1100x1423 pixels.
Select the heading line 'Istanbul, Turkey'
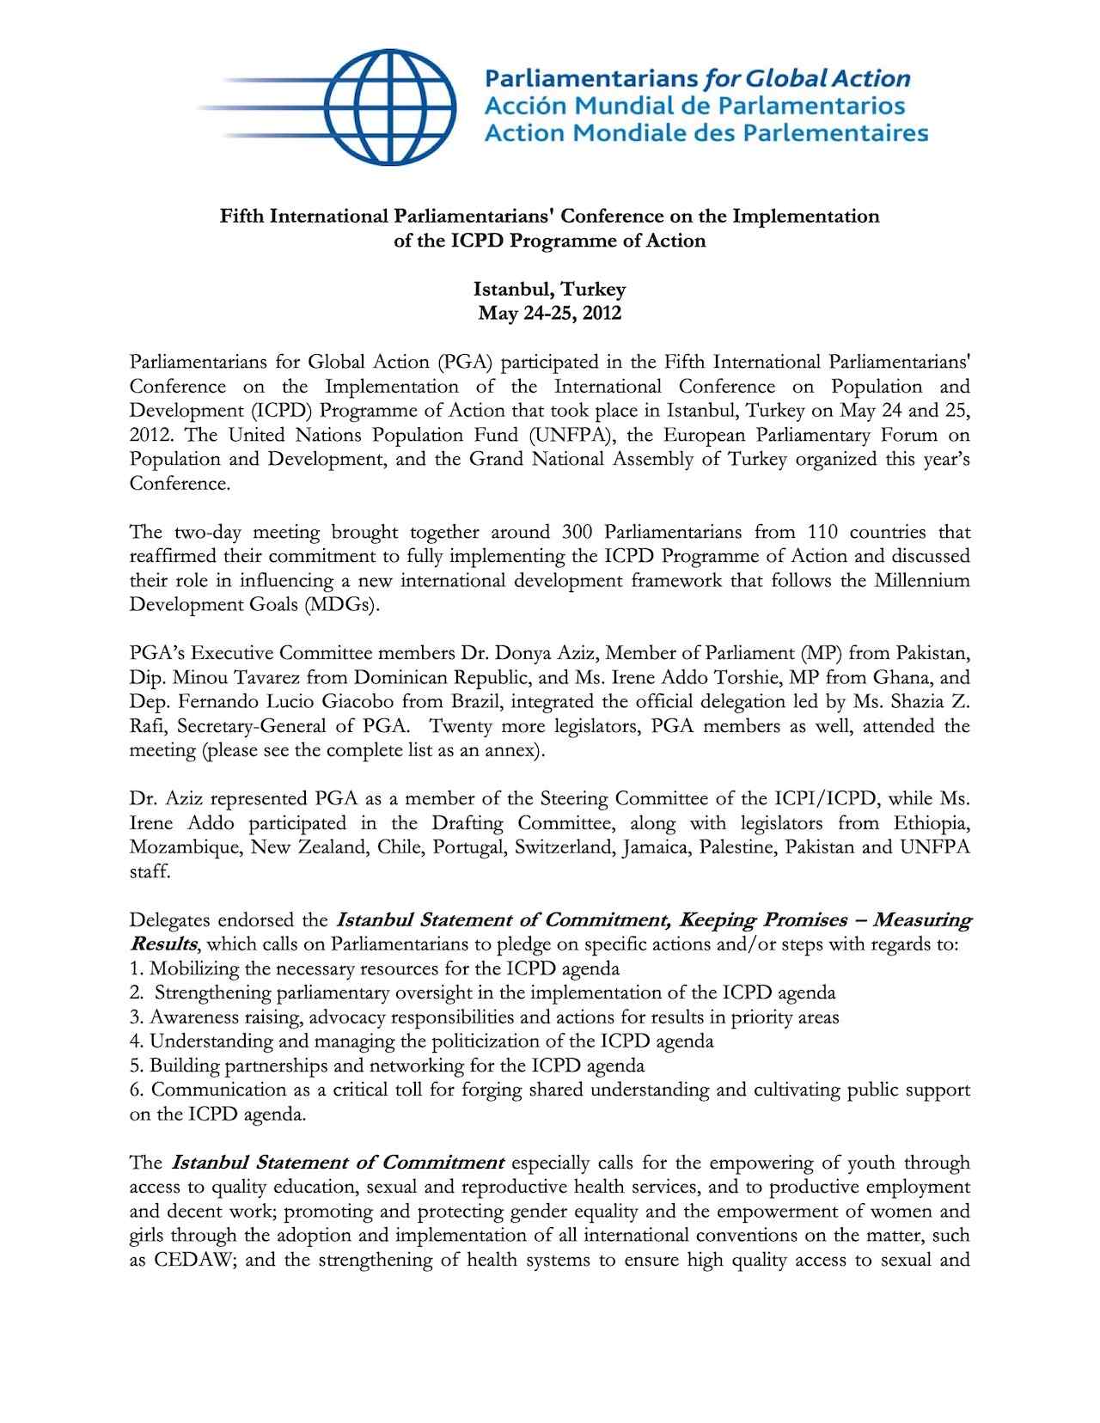[x=549, y=289]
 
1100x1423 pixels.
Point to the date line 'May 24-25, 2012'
[x=549, y=313]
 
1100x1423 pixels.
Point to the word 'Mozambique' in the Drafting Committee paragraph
[x=185, y=847]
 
